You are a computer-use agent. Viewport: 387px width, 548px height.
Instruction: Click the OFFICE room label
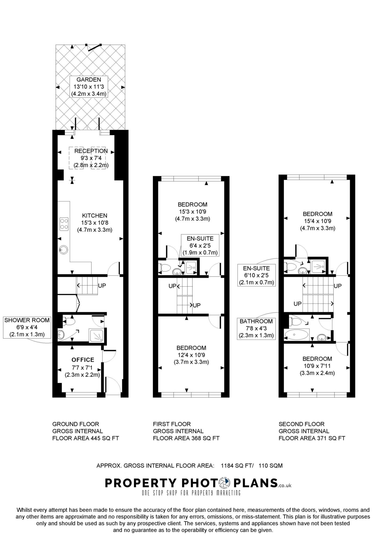83,360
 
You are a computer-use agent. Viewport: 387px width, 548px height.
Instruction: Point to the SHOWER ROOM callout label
27,327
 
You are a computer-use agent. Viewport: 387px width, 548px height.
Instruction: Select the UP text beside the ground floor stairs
102,286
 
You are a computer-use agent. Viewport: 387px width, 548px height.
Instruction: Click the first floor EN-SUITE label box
200,245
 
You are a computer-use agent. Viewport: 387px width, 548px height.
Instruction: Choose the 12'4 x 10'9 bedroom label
191,355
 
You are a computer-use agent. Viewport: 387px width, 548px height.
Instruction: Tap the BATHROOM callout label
256,328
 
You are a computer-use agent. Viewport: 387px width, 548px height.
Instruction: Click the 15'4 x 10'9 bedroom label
317,221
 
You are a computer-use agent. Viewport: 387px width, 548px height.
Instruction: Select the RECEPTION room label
91,158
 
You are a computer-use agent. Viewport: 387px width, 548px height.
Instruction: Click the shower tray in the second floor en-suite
318,266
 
